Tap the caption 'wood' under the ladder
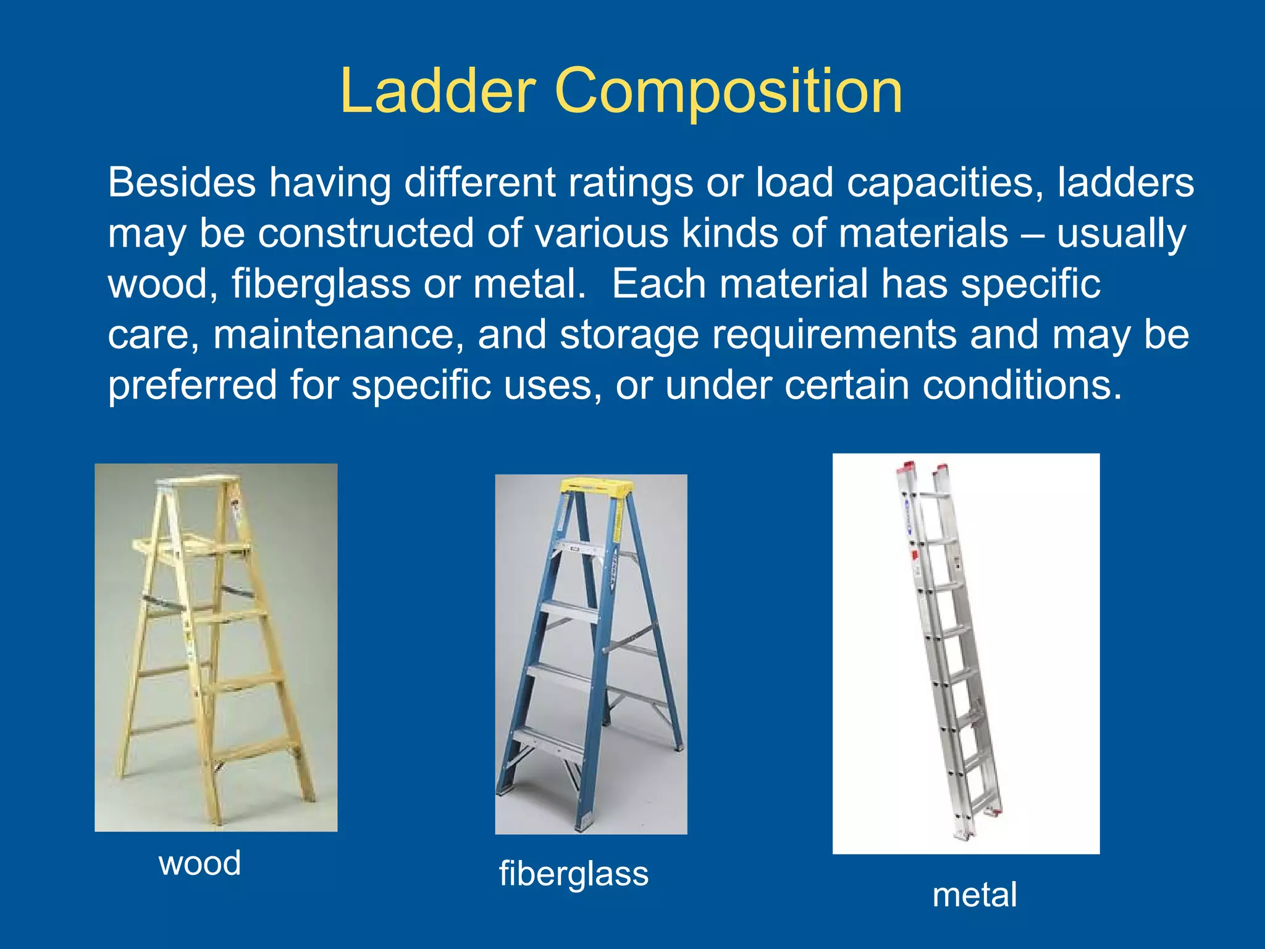(x=200, y=863)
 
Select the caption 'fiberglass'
(x=574, y=874)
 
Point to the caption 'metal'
(x=974, y=895)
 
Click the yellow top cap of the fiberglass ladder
(x=595, y=486)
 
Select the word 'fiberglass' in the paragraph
(x=321, y=285)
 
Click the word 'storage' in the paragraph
(x=629, y=335)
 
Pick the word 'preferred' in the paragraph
(x=192, y=386)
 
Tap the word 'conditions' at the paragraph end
(x=1022, y=385)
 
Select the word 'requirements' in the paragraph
(x=834, y=335)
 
